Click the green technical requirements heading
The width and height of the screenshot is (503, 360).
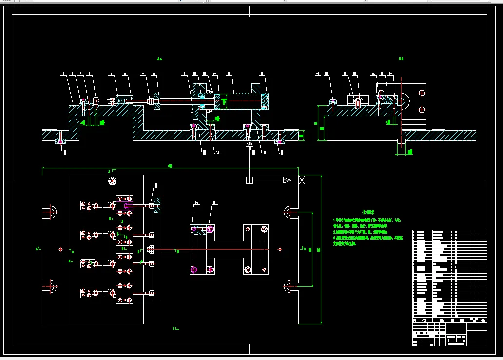(368, 212)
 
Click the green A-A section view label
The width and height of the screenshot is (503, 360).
(159, 60)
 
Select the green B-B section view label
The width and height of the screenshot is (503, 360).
(401, 59)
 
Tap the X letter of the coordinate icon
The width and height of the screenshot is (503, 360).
(302, 180)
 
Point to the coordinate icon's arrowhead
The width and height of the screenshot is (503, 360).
(287, 180)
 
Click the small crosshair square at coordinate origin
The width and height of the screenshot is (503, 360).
(250, 180)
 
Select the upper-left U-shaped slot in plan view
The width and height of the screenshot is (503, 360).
(50, 212)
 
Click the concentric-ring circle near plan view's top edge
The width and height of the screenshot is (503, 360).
(112, 181)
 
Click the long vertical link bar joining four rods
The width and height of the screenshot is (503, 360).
(156, 249)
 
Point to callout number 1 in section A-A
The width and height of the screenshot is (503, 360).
(63, 74)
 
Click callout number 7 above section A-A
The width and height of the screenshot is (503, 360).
(143, 74)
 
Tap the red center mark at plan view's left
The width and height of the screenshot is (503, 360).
(60, 249)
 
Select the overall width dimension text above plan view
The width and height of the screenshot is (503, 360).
(170, 166)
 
